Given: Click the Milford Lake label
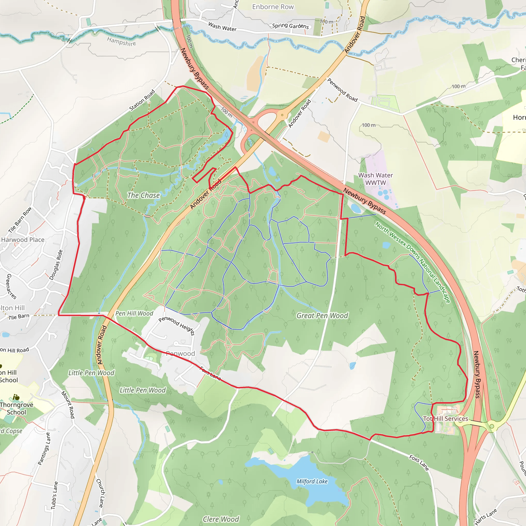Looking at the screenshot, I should click(312, 481).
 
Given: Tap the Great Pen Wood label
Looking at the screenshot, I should click(322, 316).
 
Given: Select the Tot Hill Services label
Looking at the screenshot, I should click(445, 418).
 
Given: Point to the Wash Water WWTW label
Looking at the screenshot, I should click(375, 179).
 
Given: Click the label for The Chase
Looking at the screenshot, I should click(144, 195).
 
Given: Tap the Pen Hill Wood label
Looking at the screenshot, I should click(134, 313).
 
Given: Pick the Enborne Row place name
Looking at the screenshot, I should click(273, 7).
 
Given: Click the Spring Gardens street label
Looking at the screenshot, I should click(290, 26).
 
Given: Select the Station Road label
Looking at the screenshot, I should click(142, 100).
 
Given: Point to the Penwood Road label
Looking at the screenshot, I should click(342, 90).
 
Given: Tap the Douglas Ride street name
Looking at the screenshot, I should click(56, 265).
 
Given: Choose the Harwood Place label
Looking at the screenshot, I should click(23, 240).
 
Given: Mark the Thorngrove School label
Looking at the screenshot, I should click(16, 408).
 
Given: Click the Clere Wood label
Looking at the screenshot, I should click(221, 519).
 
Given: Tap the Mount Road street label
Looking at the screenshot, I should click(68, 405).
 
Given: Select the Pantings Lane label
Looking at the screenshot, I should click(44, 448).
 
